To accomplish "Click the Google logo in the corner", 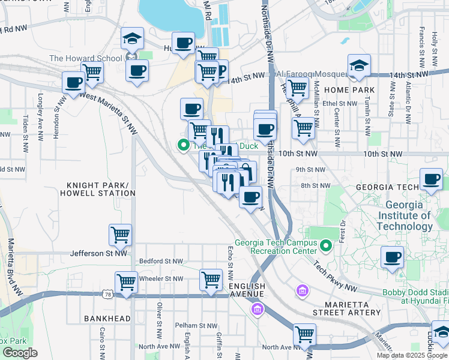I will click(x=20, y=352).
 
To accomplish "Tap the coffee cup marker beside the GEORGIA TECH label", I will click(x=431, y=179).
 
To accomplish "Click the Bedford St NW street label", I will click(x=161, y=261).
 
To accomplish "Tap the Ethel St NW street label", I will click(x=340, y=103).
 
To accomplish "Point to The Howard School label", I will click(x=86, y=58).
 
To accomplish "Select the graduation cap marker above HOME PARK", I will click(x=359, y=65).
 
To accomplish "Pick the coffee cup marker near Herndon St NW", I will click(x=73, y=82).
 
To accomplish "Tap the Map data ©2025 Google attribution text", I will click(x=411, y=355).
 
